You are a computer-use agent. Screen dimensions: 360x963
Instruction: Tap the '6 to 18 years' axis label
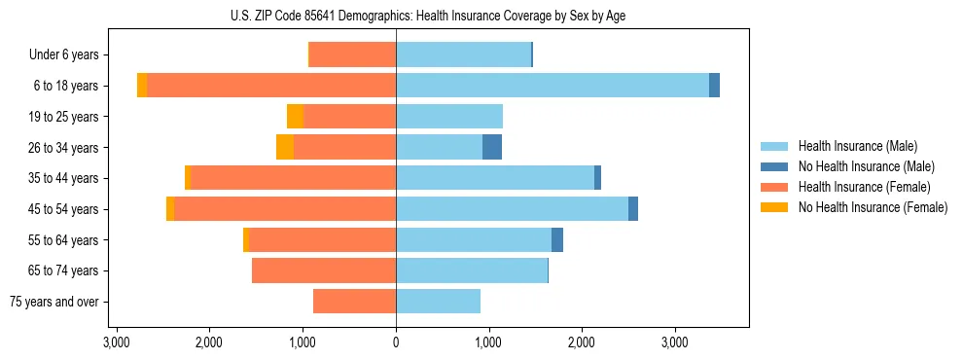click(66, 86)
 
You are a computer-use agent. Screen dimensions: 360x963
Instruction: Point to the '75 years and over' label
click(54, 302)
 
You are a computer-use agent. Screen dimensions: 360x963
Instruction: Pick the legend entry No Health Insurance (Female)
click(873, 207)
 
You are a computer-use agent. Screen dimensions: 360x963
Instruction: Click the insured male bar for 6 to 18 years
click(552, 86)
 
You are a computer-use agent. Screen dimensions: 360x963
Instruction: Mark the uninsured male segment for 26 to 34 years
click(492, 148)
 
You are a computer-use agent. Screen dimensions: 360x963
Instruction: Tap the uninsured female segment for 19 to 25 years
click(295, 117)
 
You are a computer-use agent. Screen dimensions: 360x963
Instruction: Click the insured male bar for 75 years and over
click(438, 302)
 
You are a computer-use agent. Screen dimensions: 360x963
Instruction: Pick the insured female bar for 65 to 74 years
click(324, 270)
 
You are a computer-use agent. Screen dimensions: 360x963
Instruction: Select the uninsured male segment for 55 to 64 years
click(557, 240)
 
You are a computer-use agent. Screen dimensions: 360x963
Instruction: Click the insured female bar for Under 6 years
click(352, 55)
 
